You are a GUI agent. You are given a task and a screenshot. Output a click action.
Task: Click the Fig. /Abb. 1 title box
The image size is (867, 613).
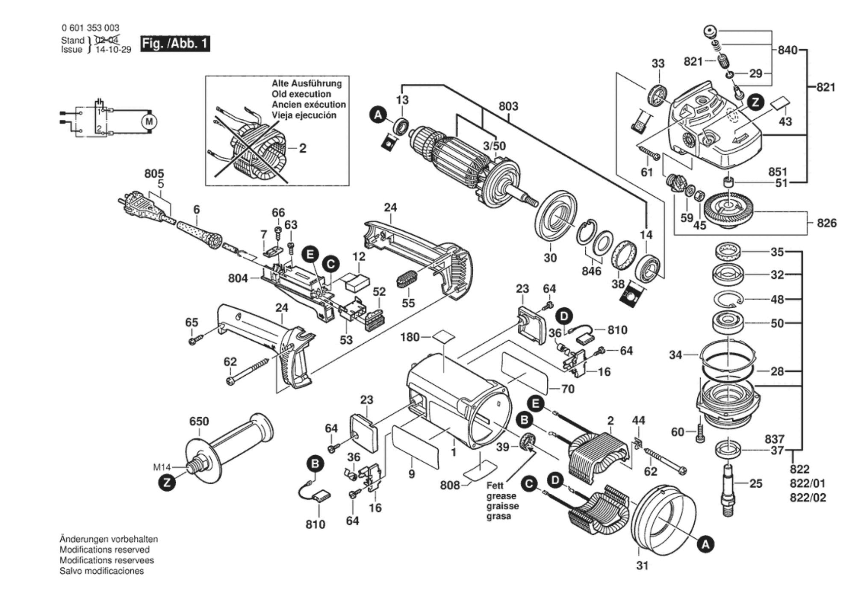tap(175, 44)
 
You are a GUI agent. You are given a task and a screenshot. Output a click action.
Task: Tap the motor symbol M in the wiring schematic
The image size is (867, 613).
tap(149, 122)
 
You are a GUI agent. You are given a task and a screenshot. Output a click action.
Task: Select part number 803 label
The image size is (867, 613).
tap(508, 106)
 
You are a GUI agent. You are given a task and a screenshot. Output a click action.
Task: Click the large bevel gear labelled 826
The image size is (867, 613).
tap(728, 212)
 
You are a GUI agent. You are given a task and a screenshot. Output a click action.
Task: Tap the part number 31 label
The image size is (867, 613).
tap(642, 566)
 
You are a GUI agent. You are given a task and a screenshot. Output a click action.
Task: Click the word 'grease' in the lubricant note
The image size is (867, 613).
tap(501, 496)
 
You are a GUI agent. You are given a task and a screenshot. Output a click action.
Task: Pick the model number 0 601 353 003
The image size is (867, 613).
tap(90, 28)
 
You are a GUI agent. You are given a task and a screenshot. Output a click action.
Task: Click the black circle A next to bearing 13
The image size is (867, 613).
tap(378, 115)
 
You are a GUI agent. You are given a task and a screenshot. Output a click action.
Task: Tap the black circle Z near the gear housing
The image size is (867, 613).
tap(755, 103)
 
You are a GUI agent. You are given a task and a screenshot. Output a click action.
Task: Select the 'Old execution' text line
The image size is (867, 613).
tap(301, 94)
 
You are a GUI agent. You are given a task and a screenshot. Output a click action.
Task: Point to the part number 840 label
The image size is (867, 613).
tap(787, 50)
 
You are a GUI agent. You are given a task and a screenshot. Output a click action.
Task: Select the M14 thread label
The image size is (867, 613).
tap(162, 468)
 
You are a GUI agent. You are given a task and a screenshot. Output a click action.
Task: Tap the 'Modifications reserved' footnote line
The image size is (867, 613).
tap(104, 550)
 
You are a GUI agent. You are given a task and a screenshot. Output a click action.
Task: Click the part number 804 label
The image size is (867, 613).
tap(238, 278)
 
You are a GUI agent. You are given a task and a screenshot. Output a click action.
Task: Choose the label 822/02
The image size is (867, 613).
tap(808, 498)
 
